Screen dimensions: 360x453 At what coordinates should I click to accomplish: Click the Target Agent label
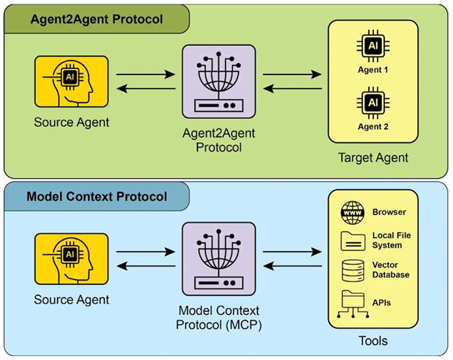(x=373, y=157)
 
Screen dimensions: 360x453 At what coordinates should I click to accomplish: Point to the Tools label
(x=373, y=340)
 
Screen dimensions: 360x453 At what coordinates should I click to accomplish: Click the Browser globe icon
(x=352, y=212)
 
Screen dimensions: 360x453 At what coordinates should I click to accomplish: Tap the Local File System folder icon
(x=352, y=240)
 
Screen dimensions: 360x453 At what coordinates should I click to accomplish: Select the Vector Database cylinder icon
(x=352, y=269)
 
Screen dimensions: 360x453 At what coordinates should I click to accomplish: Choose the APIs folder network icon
(x=352, y=302)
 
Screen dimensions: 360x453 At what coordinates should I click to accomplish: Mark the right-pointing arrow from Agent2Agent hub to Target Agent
(x=292, y=76)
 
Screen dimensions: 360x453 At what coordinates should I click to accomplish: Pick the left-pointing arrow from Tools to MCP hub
(x=292, y=266)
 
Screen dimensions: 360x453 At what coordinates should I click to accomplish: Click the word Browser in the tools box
(x=389, y=212)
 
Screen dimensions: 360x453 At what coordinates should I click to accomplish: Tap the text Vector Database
(x=390, y=270)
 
